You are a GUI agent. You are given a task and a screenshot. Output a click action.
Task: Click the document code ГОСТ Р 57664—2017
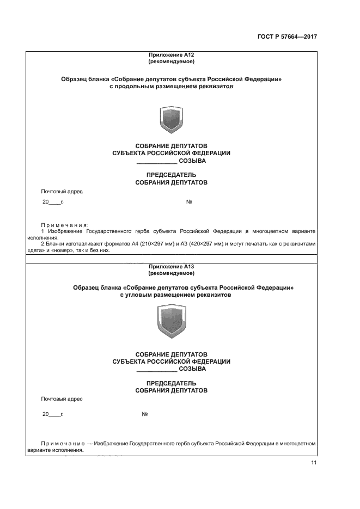coord(287,37)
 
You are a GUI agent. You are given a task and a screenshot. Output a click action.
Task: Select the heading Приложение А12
coord(171,55)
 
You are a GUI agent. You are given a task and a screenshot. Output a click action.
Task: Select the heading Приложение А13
coord(171,266)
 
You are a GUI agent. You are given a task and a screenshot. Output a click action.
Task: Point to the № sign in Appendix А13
coord(145,414)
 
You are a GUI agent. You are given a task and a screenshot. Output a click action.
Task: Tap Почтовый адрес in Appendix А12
coord(62,191)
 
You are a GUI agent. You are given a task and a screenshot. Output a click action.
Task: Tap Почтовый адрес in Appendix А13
coord(62,398)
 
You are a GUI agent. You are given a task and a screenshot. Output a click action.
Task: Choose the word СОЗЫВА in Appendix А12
coord(192,161)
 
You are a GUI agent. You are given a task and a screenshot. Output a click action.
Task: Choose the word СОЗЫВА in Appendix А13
coord(192,369)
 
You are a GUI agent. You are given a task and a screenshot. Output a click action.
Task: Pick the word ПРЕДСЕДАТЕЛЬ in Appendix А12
coord(171,174)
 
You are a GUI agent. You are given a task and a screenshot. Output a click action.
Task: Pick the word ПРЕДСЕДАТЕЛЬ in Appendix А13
coord(171,383)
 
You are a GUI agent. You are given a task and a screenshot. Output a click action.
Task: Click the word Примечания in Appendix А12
coord(64,224)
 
